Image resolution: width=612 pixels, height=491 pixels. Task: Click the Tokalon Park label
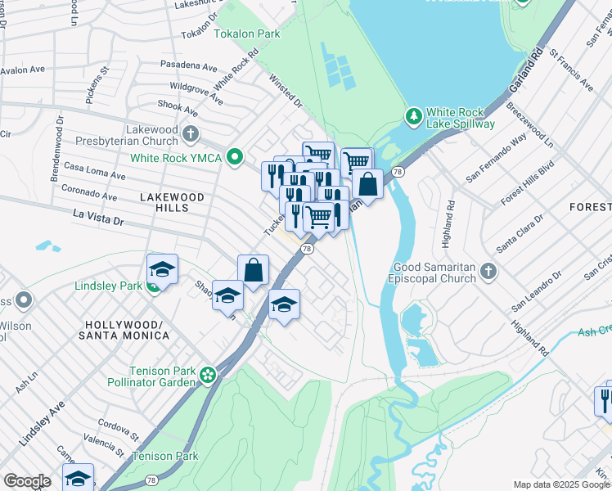point(247,34)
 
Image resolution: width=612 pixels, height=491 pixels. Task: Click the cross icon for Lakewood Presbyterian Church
point(191,133)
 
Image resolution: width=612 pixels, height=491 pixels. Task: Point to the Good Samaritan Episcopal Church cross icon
point(488,271)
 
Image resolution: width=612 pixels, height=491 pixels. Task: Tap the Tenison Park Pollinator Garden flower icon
point(209,376)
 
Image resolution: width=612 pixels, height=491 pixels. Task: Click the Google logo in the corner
point(27,481)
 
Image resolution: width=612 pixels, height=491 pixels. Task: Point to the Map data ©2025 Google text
point(560,484)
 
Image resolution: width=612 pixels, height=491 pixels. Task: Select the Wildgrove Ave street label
point(196,92)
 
